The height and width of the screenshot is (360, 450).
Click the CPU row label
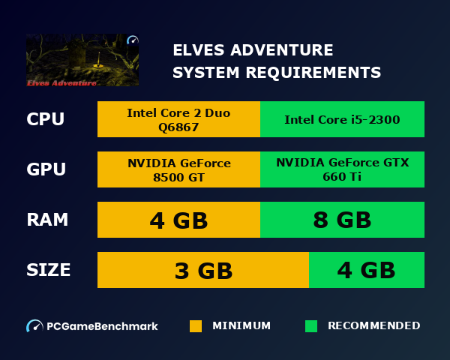pyautogui.click(x=45, y=120)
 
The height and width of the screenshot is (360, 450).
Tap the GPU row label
pyautogui.click(x=46, y=170)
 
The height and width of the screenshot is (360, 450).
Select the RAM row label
pyautogui.click(x=47, y=220)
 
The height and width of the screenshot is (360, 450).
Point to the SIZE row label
pyautogui.click(x=49, y=270)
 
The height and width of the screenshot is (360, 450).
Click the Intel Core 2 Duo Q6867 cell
pyautogui.click(x=178, y=120)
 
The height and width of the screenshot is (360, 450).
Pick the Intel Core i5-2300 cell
pyautogui.click(x=342, y=120)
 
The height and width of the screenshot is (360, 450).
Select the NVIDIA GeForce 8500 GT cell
pyautogui.click(x=178, y=170)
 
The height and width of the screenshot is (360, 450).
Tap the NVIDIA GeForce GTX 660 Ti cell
pyautogui.click(x=342, y=170)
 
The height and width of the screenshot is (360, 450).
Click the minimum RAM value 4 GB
pyautogui.click(x=178, y=220)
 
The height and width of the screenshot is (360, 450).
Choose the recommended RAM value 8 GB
pyautogui.click(x=342, y=220)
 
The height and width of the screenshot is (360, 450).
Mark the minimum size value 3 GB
pyautogui.click(x=203, y=271)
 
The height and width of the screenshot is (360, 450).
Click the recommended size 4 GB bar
pyautogui.click(x=366, y=271)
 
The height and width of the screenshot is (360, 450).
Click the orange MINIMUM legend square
pyautogui.click(x=196, y=326)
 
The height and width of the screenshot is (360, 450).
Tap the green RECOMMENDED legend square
pyautogui.click(x=311, y=326)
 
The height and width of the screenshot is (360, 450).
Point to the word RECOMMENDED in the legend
pyautogui.click(x=373, y=326)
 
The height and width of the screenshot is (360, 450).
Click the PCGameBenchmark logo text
pyautogui.click(x=102, y=326)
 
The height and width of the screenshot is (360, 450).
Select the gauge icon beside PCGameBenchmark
pyautogui.click(x=34, y=326)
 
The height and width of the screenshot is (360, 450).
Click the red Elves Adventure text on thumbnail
pyautogui.click(x=61, y=82)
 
